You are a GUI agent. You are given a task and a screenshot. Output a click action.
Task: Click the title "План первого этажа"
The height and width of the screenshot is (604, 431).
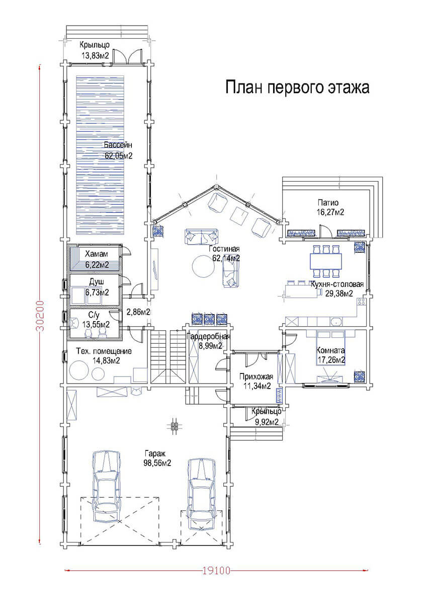click(x=297, y=88)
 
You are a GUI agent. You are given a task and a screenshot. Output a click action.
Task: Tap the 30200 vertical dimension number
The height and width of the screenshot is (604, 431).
click(x=40, y=316)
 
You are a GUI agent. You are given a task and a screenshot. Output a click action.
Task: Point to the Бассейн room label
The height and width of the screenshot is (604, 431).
click(x=118, y=145)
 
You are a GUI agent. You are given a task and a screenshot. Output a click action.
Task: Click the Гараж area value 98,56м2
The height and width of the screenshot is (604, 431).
click(x=157, y=463)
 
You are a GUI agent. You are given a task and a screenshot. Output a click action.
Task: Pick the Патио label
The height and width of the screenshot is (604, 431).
click(x=328, y=202)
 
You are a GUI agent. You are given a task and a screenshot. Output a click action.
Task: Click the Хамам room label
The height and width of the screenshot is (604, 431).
click(x=97, y=254)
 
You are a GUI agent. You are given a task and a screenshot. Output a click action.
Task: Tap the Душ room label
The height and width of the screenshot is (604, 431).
click(x=97, y=282)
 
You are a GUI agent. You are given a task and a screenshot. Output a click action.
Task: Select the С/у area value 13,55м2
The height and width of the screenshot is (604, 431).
click(x=96, y=324)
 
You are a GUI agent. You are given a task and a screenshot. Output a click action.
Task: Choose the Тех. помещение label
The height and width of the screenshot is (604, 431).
click(x=104, y=351)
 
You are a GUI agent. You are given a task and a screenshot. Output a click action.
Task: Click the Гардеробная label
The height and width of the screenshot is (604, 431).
click(x=209, y=337)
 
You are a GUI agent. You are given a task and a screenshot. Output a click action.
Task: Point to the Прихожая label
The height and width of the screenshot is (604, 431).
click(x=256, y=376)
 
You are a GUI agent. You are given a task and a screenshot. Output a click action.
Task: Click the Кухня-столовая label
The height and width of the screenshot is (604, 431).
click(x=337, y=284)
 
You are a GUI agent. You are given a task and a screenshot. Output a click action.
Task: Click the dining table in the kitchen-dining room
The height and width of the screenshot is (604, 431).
click(x=326, y=261)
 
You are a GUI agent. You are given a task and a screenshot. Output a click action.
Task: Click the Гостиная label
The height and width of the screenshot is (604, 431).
click(x=224, y=249)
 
